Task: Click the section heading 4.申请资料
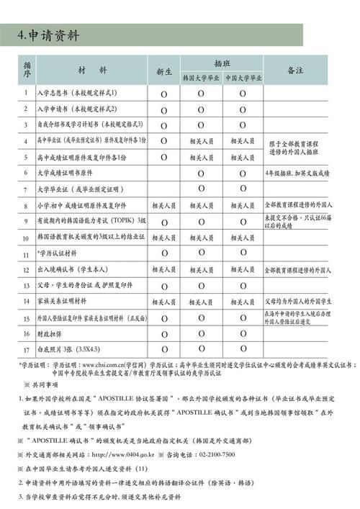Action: pyautogui.click(x=49, y=35)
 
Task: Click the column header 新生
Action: pyautogui.click(x=163, y=72)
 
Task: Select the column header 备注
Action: pyautogui.click(x=295, y=71)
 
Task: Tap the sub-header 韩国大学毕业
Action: pyautogui.click(x=202, y=78)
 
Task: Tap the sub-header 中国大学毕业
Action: pyautogui.click(x=243, y=78)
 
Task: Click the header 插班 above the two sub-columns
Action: pyautogui.click(x=222, y=63)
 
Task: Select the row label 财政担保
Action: pyautogui.click(x=52, y=334)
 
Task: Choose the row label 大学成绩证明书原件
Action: pyautogui.click(x=65, y=174)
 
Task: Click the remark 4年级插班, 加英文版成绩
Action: pyautogui.click(x=297, y=174)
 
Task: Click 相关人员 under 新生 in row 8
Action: pyautogui.click(x=163, y=206)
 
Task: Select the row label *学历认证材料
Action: pyautogui.click(x=57, y=253)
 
